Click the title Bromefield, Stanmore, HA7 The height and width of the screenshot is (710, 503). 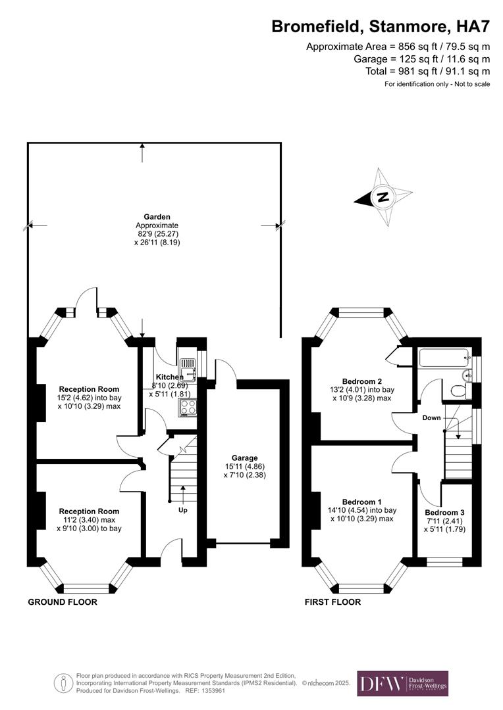pos(381,27)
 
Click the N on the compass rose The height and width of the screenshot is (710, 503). pos(383,197)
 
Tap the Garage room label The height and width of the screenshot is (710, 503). pos(244,458)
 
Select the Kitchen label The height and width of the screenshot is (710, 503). pos(165,377)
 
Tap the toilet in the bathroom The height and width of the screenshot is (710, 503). pos(457,391)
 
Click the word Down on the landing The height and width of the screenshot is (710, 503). pos(432,417)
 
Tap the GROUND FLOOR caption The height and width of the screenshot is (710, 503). pos(63,602)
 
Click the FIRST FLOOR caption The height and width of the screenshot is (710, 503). pos(332,602)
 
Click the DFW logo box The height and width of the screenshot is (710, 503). pos(402,683)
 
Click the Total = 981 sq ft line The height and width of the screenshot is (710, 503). pos(427,71)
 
